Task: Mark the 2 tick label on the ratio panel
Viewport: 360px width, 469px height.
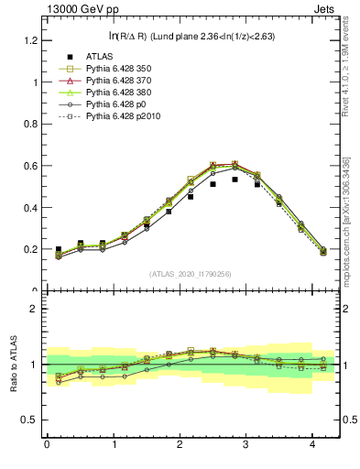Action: [34, 309]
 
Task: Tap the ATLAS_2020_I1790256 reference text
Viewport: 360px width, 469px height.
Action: [191, 274]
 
